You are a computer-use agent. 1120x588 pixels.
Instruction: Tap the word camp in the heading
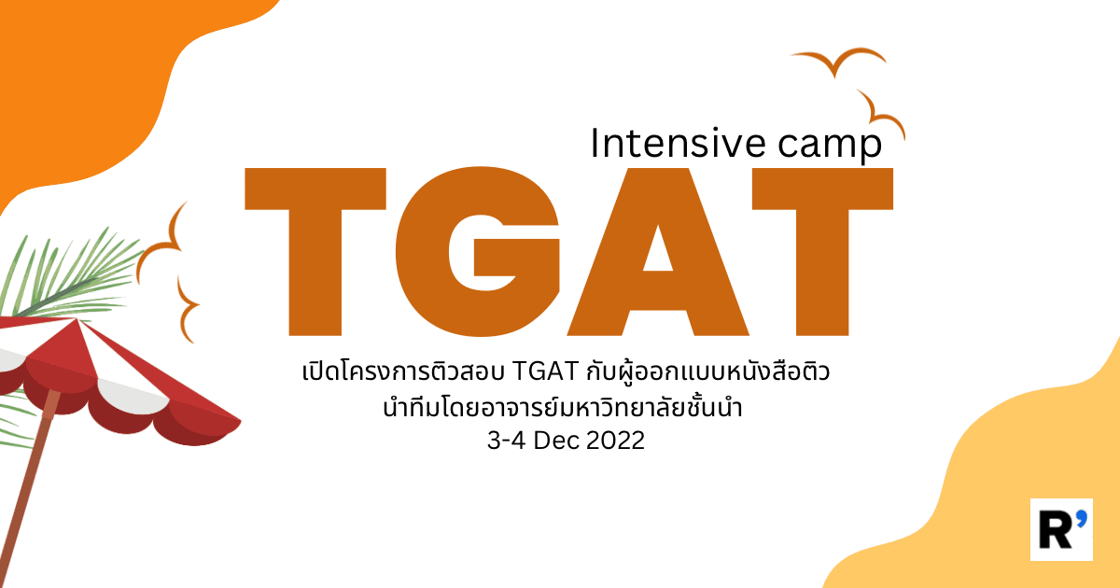point(830,146)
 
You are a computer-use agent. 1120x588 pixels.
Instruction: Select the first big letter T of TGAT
point(315,251)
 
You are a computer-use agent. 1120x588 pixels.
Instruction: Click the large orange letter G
point(478,251)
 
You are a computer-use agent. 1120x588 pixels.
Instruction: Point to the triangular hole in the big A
point(657,254)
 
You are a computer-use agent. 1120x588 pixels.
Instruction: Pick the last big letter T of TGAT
point(822,251)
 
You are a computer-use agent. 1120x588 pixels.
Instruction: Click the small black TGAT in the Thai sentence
point(545,371)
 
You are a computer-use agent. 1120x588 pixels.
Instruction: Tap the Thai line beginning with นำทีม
point(563,408)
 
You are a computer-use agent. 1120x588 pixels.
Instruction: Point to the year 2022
point(615,441)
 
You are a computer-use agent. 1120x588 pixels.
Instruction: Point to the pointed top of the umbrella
point(77,319)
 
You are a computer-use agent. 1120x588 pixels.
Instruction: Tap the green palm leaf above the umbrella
point(70,277)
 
